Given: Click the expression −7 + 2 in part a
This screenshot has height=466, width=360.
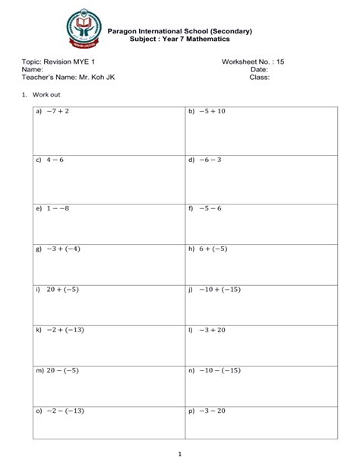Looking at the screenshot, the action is tap(58, 112).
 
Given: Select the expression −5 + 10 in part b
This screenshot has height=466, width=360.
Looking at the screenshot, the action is tap(213, 112).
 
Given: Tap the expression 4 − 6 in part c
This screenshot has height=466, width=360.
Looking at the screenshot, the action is tap(55, 160).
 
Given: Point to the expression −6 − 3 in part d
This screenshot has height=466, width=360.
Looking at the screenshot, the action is tap(210, 160).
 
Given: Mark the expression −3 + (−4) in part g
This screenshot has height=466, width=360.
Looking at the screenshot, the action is tap(64, 249).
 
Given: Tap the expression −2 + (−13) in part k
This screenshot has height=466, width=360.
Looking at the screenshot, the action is tap(65, 330).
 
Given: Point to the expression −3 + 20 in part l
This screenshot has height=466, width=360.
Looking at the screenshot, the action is tap(213, 330).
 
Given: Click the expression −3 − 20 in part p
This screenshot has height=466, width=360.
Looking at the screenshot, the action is tap(213, 411).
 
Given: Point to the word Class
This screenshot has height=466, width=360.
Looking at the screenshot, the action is tap(260, 77).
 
